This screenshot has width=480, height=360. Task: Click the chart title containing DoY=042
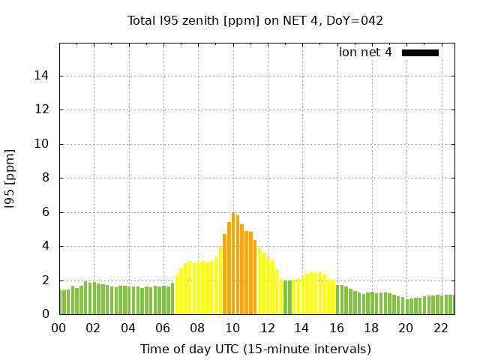pyautogui.click(x=255, y=20)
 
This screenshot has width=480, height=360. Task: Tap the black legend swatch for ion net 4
pyautogui.click(x=420, y=52)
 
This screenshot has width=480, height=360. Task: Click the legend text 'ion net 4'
pyautogui.click(x=365, y=52)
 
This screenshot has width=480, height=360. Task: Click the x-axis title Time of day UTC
pyautogui.click(x=255, y=349)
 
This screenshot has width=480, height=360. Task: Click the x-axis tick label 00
pyautogui.click(x=59, y=328)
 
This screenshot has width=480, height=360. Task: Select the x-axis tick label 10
pyautogui.click(x=232, y=328)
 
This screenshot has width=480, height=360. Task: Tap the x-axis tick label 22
pyautogui.click(x=440, y=328)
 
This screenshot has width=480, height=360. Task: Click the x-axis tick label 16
pyautogui.click(x=336, y=328)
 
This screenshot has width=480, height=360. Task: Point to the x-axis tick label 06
pyautogui.click(x=163, y=328)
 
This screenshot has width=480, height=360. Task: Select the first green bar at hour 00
pyautogui.click(x=61, y=302)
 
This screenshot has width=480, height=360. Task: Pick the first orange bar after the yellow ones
pyautogui.click(x=224, y=274)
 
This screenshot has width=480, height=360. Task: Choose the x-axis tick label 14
pyautogui.click(x=301, y=328)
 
